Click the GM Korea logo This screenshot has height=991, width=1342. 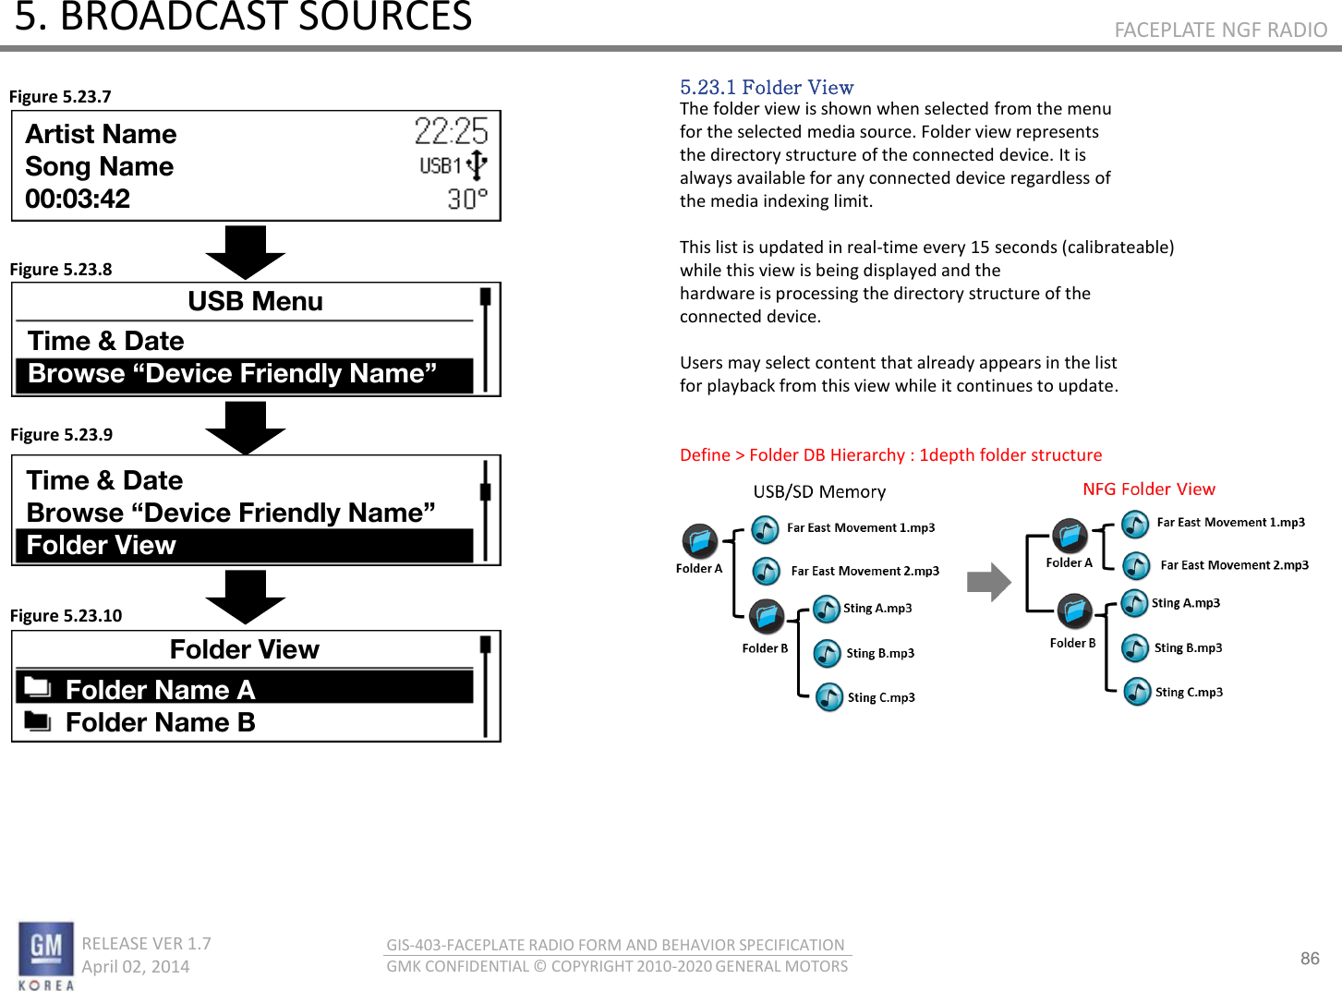coord(46,955)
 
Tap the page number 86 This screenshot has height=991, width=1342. coord(1310,958)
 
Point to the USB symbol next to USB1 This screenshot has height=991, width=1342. coord(477,164)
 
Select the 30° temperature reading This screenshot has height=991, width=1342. coord(467,199)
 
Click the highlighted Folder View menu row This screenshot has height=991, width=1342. coord(245,545)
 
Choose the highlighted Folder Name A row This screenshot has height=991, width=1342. coord(245,688)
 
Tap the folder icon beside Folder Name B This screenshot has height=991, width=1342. coord(38,721)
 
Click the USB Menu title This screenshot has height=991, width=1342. coord(255,301)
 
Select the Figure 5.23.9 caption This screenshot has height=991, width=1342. coord(61,434)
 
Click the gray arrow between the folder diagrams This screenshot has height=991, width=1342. coord(988,582)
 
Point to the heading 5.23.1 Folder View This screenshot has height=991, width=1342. coord(767,87)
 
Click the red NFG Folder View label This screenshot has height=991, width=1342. coord(1148,489)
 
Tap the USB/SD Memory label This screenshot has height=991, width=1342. coord(819,491)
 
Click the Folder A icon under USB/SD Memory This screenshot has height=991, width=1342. coord(699,540)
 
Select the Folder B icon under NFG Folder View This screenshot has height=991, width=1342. coord(1074,611)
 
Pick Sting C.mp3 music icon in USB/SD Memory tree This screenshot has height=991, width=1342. coord(828,697)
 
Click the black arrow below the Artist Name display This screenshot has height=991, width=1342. coord(245,252)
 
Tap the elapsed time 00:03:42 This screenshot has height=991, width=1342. coord(78,199)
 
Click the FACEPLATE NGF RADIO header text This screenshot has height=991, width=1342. coord(1221,29)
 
